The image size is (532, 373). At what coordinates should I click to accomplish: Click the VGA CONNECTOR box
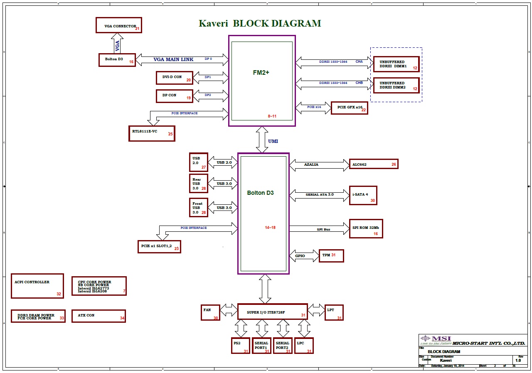[x=118, y=25]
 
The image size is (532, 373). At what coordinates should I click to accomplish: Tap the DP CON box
[x=175, y=96]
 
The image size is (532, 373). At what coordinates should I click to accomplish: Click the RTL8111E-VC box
[x=151, y=133]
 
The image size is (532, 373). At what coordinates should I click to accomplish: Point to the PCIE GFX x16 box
[x=349, y=108]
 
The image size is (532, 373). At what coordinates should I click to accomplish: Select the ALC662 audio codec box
[x=373, y=164]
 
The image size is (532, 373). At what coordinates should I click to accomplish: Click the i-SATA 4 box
[x=363, y=195]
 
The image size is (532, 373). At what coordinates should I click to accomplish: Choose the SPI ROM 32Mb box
[x=366, y=228]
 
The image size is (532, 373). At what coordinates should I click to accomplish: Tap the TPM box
[x=331, y=255]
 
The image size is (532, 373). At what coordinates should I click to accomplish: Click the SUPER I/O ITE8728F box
[x=272, y=311]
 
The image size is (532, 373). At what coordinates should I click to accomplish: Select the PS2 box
[x=241, y=346]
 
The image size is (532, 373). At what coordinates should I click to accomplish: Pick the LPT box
[x=334, y=312]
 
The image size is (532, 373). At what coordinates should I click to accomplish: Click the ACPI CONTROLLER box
[x=37, y=286]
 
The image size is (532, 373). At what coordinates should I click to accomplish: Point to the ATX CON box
[x=99, y=316]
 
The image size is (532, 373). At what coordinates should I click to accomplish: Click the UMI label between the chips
[x=273, y=141]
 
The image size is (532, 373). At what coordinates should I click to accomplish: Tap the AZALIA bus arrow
[x=320, y=164]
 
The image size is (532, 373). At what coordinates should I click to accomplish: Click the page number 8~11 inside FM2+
[x=272, y=116]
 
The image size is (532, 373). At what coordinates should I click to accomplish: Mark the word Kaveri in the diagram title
[x=213, y=24]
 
